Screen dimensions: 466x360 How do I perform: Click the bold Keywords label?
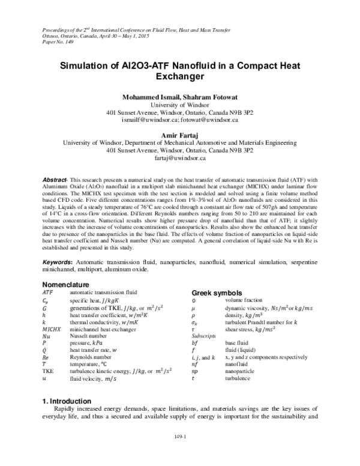coord(58,262)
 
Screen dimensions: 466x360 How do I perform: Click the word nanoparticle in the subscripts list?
coord(241,380)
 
